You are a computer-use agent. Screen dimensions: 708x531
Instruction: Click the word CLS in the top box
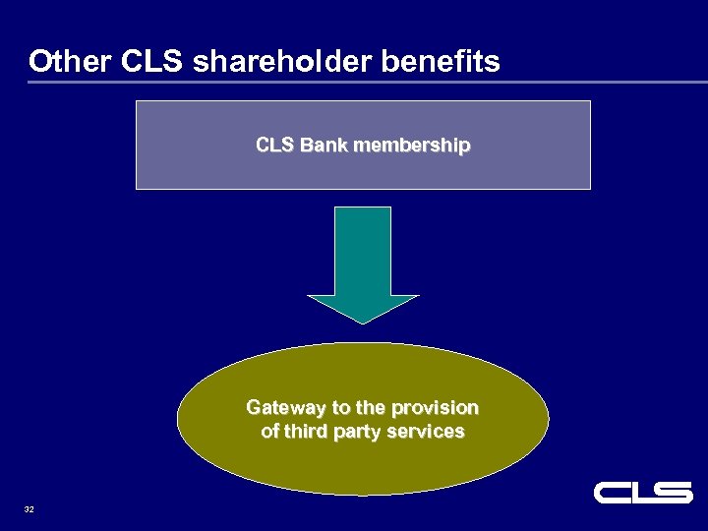[x=274, y=146]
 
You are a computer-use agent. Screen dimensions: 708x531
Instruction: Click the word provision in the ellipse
[x=435, y=408]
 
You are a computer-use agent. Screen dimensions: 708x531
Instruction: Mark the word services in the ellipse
[x=428, y=432]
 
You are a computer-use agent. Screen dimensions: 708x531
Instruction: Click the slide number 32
[x=29, y=509]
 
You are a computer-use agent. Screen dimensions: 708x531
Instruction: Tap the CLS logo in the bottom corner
[x=643, y=493]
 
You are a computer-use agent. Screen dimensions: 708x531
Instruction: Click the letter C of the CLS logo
[x=611, y=493]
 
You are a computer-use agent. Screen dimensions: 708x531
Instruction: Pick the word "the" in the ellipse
[x=371, y=408]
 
